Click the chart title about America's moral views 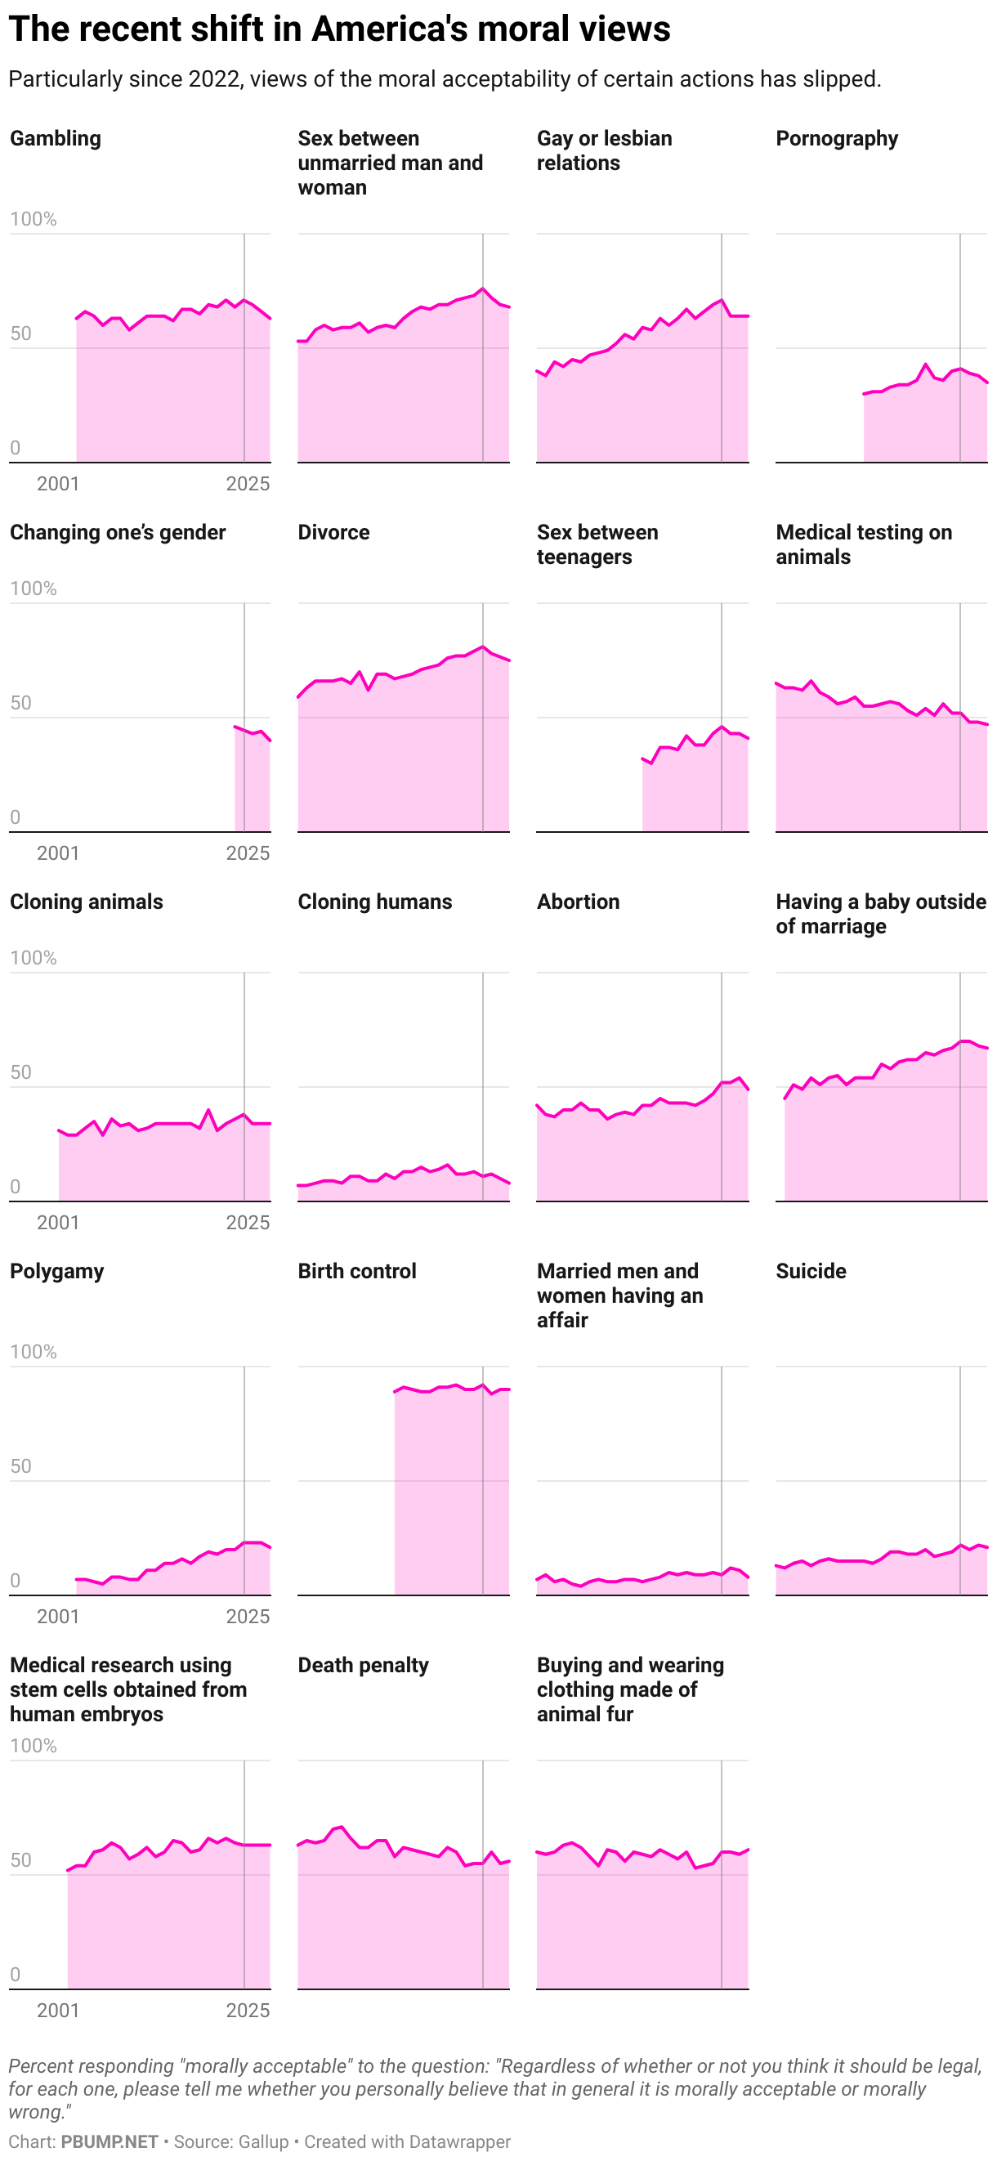(x=339, y=29)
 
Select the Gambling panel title (x=56, y=138)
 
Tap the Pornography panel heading (x=836, y=138)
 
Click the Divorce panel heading (x=333, y=533)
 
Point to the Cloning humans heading (x=374, y=902)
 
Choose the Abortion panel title (x=578, y=902)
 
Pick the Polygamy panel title (x=57, y=1271)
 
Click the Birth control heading (x=356, y=1271)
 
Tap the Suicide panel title (x=810, y=1271)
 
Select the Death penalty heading (x=362, y=1665)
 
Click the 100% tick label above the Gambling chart (x=33, y=219)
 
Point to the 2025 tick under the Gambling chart (x=248, y=484)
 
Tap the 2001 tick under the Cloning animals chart (x=58, y=1222)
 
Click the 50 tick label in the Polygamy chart (x=20, y=1466)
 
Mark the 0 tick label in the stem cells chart (x=15, y=1975)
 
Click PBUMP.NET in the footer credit (x=109, y=2141)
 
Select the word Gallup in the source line (x=263, y=2141)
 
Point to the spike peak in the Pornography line (x=925, y=364)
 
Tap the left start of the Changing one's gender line (x=235, y=727)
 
